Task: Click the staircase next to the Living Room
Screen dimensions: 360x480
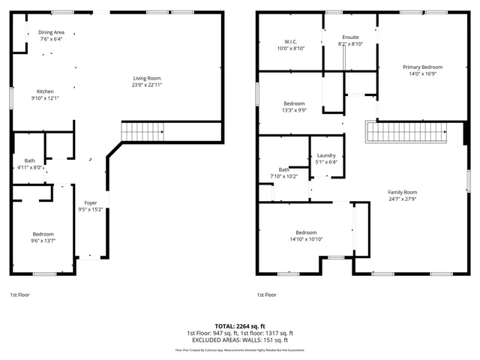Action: pyautogui.click(x=142, y=132)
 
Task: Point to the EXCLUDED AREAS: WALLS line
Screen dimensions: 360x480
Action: pyautogui.click(x=240, y=340)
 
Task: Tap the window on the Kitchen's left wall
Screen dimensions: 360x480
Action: pyautogui.click(x=11, y=98)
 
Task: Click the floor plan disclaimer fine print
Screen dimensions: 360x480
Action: pyautogui.click(x=240, y=349)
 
